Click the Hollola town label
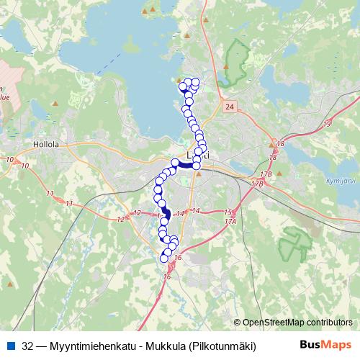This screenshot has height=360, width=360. pos(45,144)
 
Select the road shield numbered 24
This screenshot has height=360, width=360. pos(228,107)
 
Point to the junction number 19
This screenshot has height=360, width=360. pos(327,125)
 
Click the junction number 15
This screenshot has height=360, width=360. pos(228,212)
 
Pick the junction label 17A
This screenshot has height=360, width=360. pos(230,222)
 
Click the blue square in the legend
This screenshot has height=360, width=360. pos(9,346)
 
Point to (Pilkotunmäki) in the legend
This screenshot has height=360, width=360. pos(223,346)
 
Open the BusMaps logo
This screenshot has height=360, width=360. pos(325,345)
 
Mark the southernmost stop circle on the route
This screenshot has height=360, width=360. pos(164,258)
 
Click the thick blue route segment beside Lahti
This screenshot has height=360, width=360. pos(185,164)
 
